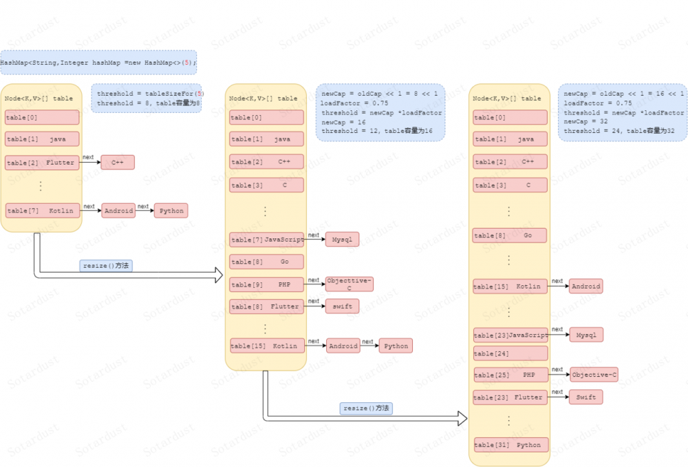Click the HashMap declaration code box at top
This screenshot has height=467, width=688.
pyautogui.click(x=98, y=63)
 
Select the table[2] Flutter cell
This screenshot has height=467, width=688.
pyautogui.click(x=42, y=163)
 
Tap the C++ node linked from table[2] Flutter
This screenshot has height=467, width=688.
pyautogui.click(x=118, y=163)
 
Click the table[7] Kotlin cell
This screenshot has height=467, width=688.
pyautogui.click(x=42, y=210)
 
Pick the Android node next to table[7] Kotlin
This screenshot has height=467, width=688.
pyautogui.click(x=118, y=211)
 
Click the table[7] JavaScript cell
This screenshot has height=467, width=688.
pyautogui.click(x=266, y=240)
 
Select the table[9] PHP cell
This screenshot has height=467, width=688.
pyautogui.click(x=266, y=284)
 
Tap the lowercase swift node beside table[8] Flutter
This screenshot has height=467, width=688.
pyautogui.click(x=343, y=307)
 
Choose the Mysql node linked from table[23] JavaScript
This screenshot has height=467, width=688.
pyautogui.click(x=586, y=335)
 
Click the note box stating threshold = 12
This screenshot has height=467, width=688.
pyautogui.click(x=380, y=112)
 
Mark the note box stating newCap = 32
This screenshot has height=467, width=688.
pyautogui.click(x=623, y=112)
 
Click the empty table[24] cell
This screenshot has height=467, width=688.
pyautogui.click(x=510, y=353)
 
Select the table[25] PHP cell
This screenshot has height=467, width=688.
pyautogui.click(x=510, y=375)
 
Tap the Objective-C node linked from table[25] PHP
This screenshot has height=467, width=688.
pyautogui.click(x=594, y=375)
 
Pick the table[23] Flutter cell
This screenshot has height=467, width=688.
pyautogui.click(x=510, y=397)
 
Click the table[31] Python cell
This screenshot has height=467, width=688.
pyautogui.click(x=510, y=444)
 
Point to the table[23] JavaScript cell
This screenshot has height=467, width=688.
pyautogui.click(x=510, y=335)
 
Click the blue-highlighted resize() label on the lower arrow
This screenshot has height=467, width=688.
pyautogui.click(x=367, y=408)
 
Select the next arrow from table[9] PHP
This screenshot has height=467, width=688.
pyautogui.click(x=314, y=284)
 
